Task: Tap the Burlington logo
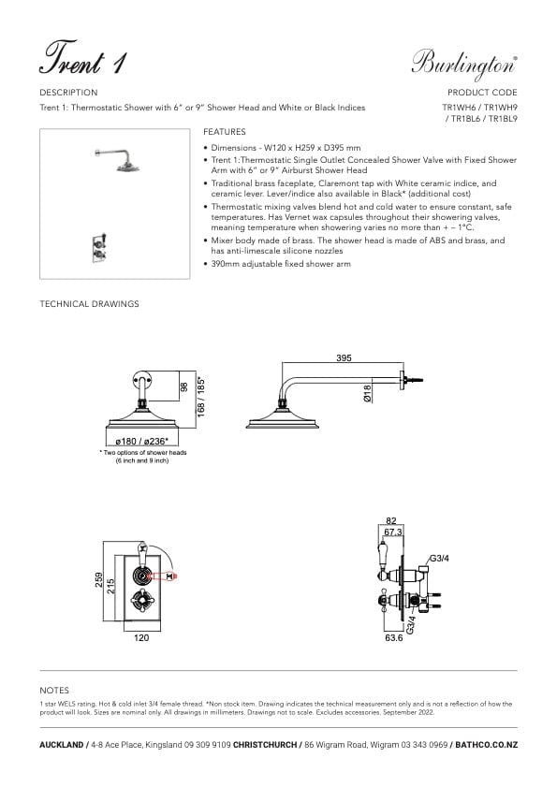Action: click(464, 62)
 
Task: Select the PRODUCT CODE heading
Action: click(482, 93)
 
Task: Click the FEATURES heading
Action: click(225, 133)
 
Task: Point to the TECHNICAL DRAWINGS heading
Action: click(89, 304)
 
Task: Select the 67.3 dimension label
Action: click(394, 531)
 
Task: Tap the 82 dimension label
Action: click(391, 519)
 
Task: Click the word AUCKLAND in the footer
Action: click(62, 744)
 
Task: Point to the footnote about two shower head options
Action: click(143, 456)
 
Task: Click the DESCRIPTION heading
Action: click(68, 93)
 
